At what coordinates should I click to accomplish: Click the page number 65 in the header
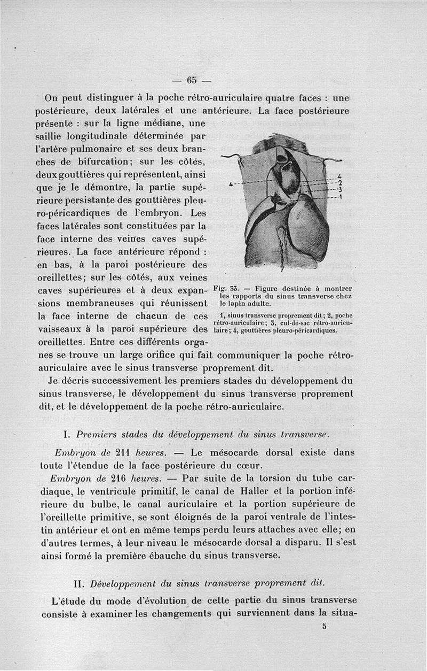click(192, 81)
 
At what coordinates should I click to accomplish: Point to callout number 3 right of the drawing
click(340, 189)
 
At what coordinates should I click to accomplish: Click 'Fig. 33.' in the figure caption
click(224, 289)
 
